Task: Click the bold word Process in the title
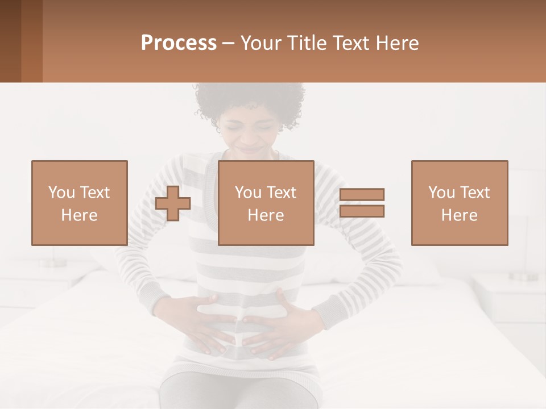[x=179, y=43]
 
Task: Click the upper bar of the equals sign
[x=362, y=195]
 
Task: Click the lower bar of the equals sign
[x=362, y=211]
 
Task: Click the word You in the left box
[x=61, y=193]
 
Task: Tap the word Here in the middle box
[x=266, y=215]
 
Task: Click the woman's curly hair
[x=250, y=99]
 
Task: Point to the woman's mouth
[x=251, y=149]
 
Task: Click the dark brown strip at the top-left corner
[x=10, y=41]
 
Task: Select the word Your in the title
[x=259, y=43]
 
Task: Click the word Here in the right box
[x=460, y=215]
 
